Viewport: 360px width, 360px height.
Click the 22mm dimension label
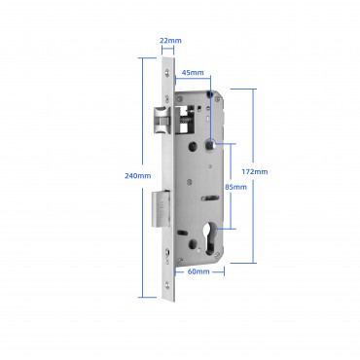coord(170,41)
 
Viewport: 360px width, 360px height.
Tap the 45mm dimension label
coord(193,72)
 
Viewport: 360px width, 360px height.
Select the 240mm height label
coord(138,176)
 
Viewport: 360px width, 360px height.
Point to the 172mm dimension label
coord(255,171)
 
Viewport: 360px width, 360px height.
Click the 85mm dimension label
coord(235,187)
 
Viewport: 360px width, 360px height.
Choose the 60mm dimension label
coord(198,271)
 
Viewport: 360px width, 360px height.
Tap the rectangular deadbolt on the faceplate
coord(161,208)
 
